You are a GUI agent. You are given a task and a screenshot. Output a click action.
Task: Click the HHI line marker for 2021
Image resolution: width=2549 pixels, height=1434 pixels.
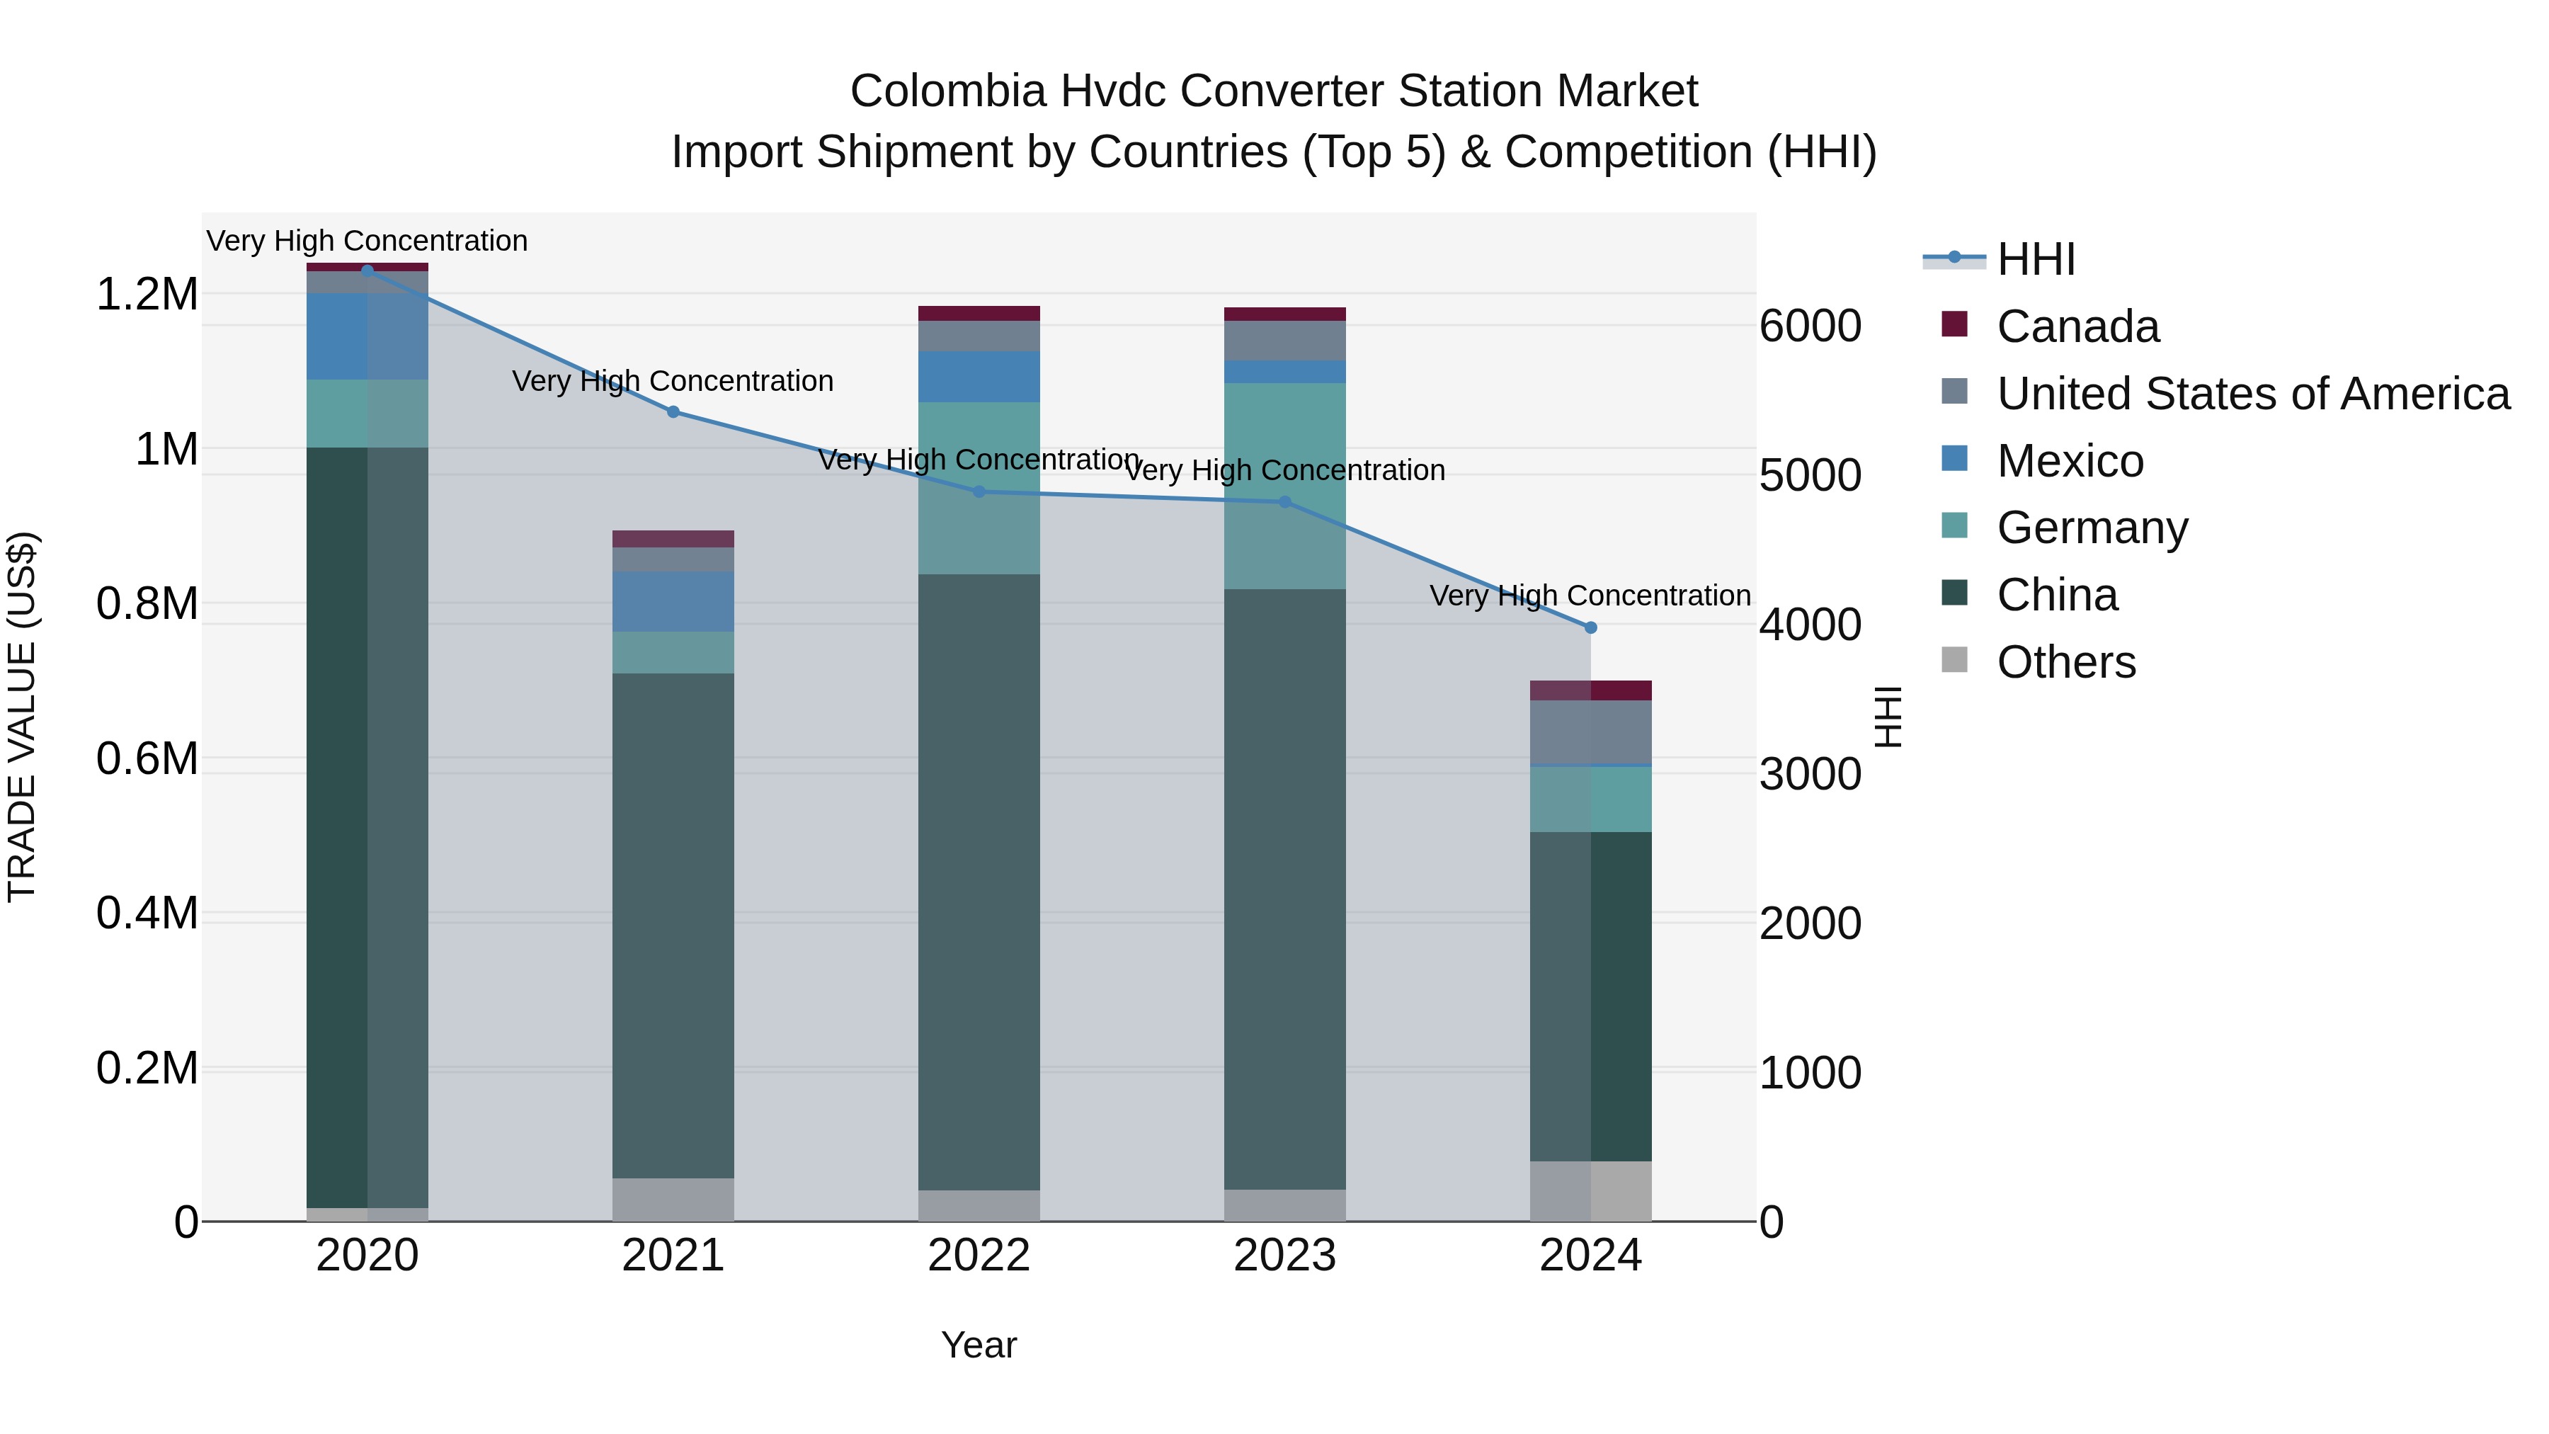point(673,411)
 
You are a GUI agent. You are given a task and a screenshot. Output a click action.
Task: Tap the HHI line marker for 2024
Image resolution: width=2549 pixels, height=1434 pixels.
point(1590,627)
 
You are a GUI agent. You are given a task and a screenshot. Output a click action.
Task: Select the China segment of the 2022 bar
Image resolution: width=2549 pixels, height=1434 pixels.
point(979,881)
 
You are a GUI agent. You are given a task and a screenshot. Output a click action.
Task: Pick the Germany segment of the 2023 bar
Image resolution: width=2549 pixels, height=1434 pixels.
point(1284,485)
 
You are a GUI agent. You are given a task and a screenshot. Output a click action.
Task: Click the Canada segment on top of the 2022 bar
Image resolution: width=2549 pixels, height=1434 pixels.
point(979,313)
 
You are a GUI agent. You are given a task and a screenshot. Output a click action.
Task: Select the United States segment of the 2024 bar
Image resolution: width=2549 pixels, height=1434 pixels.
point(1590,732)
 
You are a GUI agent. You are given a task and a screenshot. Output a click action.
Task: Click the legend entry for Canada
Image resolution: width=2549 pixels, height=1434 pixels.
point(2077,326)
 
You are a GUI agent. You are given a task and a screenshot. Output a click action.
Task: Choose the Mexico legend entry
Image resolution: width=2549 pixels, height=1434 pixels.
point(2069,461)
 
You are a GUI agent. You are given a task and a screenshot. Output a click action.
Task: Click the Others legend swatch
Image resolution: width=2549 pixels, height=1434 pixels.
point(1954,660)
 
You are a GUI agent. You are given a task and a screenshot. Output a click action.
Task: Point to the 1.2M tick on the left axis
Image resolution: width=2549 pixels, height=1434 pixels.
point(147,295)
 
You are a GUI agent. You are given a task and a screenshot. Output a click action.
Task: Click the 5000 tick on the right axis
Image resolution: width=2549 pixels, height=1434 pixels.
point(1810,475)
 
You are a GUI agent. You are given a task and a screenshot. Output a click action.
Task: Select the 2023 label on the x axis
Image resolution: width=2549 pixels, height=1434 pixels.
point(1284,1256)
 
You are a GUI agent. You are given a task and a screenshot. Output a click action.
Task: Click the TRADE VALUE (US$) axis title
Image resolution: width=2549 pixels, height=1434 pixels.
point(22,717)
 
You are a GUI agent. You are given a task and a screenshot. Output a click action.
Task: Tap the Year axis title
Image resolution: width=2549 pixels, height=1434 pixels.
point(979,1345)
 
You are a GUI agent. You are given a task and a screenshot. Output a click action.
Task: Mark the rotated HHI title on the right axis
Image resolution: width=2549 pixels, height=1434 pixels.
point(1888,717)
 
